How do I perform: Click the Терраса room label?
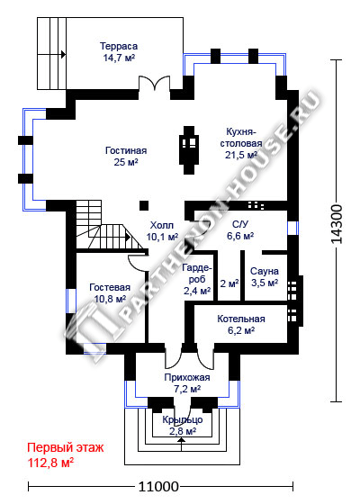tap(119, 52)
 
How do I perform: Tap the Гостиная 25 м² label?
tap(126, 157)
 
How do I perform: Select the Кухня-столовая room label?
tap(241, 143)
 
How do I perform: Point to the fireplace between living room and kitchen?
tap(189, 149)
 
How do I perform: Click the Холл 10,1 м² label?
tap(162, 231)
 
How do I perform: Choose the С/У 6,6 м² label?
tap(240, 230)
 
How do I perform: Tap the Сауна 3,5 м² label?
tap(265, 277)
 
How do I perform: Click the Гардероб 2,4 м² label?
tap(197, 279)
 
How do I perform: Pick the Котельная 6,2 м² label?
tap(241, 324)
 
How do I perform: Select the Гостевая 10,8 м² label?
tap(110, 293)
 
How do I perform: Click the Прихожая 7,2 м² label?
tap(187, 383)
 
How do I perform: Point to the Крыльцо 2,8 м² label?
tap(183, 425)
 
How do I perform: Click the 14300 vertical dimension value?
tap(337, 224)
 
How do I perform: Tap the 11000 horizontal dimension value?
tap(158, 486)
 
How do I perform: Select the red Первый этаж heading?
tap(66, 447)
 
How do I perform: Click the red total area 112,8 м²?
tap(50, 463)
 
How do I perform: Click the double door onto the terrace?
tap(154, 83)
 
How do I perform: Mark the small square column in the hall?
tap(144, 206)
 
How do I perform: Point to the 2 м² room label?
tap(229, 283)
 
